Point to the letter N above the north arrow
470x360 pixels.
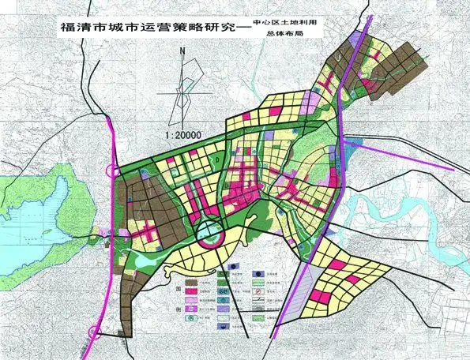pos(182,53)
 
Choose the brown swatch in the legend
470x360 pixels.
pos(192,281)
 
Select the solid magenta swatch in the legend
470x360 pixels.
pos(192,291)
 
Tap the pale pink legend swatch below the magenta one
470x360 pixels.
pos(192,301)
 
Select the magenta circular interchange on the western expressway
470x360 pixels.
pos(115,171)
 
